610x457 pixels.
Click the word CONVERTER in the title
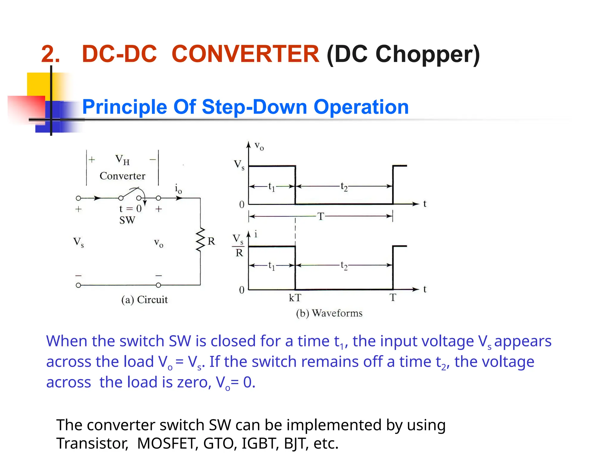(x=245, y=54)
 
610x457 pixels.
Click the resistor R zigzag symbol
(x=200, y=240)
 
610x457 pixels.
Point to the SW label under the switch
(x=127, y=220)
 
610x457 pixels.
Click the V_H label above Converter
(x=122, y=160)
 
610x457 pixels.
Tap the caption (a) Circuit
(x=144, y=300)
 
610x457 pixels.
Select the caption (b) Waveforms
(x=329, y=313)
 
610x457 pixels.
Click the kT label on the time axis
(x=295, y=298)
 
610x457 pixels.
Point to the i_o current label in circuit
(x=178, y=189)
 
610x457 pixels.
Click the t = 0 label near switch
(x=130, y=209)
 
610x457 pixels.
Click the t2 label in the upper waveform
(x=344, y=187)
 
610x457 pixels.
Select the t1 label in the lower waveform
(x=271, y=265)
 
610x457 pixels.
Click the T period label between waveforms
(x=320, y=216)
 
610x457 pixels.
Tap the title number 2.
(x=50, y=54)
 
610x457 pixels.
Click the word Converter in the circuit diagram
(x=122, y=176)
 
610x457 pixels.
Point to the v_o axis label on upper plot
(x=259, y=146)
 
